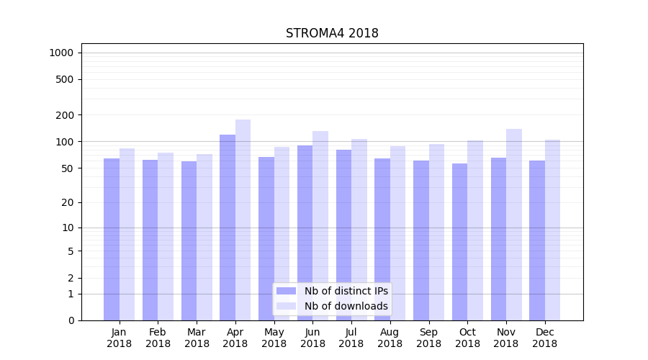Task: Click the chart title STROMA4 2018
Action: coord(332,33)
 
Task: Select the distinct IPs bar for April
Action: coord(228,227)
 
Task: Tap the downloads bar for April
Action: coord(243,220)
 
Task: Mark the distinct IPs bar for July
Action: coord(343,235)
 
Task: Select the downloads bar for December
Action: coord(552,230)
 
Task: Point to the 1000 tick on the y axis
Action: coord(61,53)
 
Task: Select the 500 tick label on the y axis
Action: coord(66,79)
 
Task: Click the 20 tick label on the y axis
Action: coord(68,202)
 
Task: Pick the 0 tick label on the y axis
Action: coord(71,320)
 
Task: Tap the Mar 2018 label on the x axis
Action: coord(197,338)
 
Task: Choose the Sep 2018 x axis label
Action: coord(428,338)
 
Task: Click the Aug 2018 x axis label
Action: coord(390,338)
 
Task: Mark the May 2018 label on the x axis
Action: coord(274,338)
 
